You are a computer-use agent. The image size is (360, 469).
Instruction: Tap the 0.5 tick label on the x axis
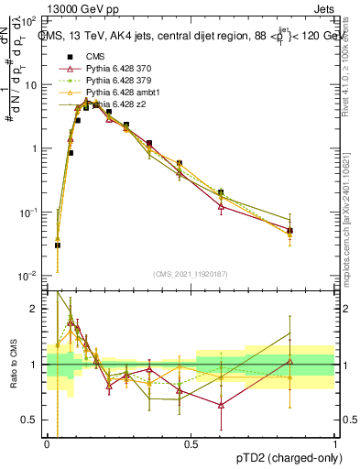pos(191,443)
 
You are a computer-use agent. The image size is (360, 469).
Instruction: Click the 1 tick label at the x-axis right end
pos(334,443)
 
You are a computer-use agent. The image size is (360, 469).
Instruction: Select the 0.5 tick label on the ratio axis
pos(32,420)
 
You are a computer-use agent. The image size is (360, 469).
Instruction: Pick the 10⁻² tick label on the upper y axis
pos(27,276)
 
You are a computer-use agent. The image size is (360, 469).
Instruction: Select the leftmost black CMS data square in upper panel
pos(58,245)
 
